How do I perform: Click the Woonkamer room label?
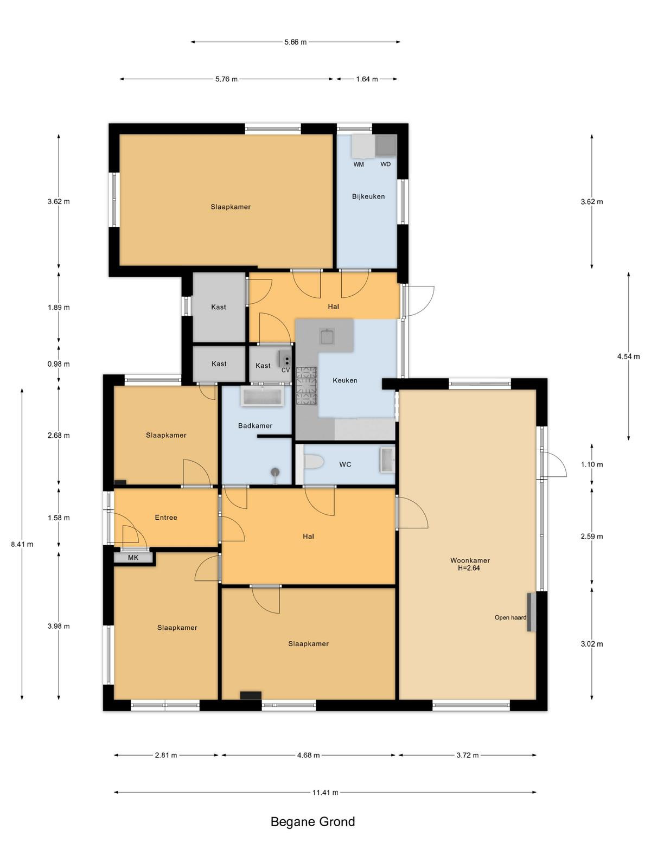point(470,560)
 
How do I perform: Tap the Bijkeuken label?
point(368,196)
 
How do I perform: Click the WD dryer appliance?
point(385,145)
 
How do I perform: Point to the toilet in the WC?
point(314,462)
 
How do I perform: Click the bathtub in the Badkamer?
point(262,396)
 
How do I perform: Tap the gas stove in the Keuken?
point(307,386)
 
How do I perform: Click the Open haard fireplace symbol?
point(531,612)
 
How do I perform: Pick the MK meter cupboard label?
point(133,558)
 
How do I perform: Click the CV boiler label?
point(285,370)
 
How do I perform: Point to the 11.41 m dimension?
point(325,792)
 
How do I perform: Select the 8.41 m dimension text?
point(22,544)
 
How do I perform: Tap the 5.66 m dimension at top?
point(295,42)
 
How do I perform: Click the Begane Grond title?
point(312,822)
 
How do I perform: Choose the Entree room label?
point(166,518)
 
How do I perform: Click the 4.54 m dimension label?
point(628,356)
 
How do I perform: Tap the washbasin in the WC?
point(387,460)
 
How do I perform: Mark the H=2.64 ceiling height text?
point(469,568)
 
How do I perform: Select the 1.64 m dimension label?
point(367,79)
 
